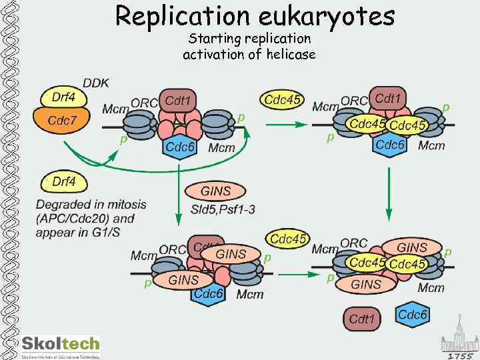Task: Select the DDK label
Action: [x=96, y=83]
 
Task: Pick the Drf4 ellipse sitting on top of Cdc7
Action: [x=63, y=97]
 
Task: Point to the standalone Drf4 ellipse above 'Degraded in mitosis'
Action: [x=64, y=181]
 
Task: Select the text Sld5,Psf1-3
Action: [x=223, y=210]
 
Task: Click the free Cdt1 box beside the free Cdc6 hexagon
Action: [x=363, y=319]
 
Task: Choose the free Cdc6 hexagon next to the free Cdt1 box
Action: [x=413, y=315]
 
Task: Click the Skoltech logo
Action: [x=60, y=346]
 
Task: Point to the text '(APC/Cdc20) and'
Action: [x=85, y=219]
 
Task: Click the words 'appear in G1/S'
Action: [x=77, y=233]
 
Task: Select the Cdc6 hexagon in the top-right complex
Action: [x=391, y=145]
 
